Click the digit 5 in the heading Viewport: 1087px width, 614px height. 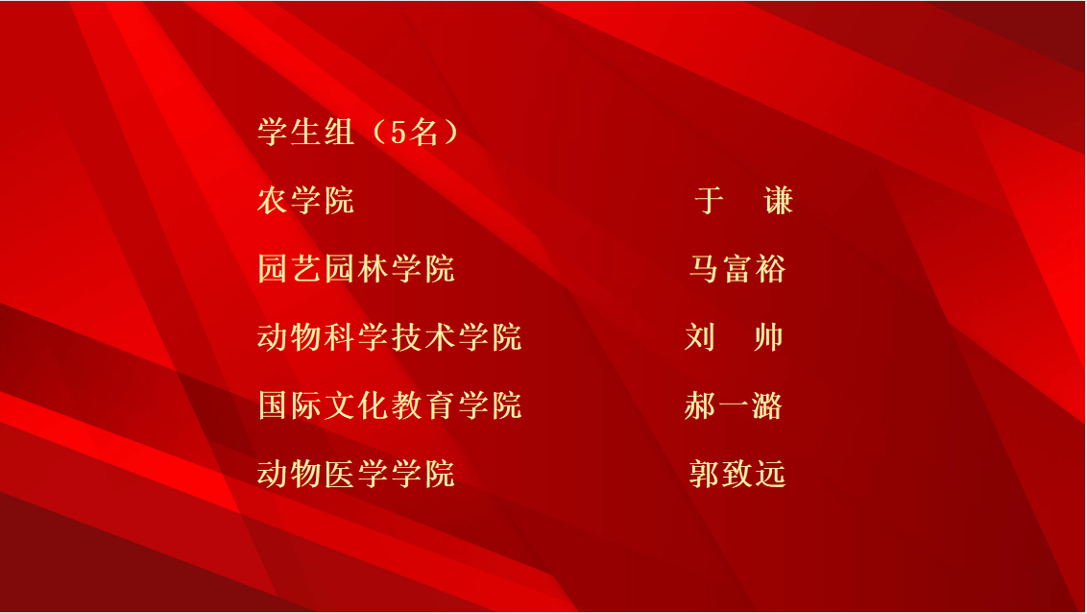(x=398, y=133)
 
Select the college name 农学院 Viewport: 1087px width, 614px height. (x=305, y=201)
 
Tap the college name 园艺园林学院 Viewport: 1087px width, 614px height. (x=355, y=268)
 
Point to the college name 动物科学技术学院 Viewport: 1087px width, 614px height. (x=390, y=337)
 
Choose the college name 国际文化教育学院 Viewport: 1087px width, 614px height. (x=390, y=405)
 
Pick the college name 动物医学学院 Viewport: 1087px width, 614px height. (x=355, y=474)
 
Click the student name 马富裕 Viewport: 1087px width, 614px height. (x=737, y=268)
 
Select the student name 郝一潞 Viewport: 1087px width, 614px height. (x=734, y=405)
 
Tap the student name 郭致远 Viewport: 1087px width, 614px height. (x=737, y=474)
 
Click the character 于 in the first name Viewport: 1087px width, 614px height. (x=710, y=201)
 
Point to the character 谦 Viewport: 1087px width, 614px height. (x=779, y=201)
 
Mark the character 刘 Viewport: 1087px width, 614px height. (x=700, y=337)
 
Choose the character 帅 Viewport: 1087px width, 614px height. (x=768, y=337)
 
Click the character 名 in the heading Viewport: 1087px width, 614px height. (x=423, y=132)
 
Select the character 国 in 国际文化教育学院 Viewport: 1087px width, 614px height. (x=273, y=405)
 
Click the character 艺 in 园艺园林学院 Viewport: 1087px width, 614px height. (x=305, y=268)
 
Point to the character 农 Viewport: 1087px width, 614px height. (x=273, y=201)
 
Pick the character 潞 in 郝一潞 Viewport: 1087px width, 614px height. (x=766, y=405)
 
